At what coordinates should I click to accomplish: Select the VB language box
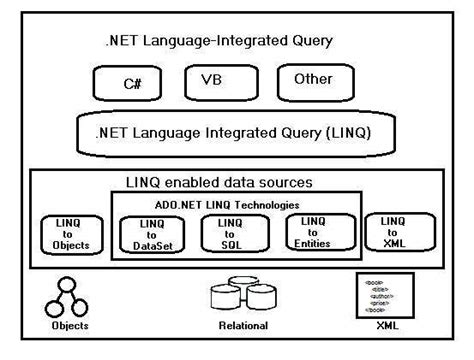coord(212,80)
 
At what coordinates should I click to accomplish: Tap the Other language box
coord(313,80)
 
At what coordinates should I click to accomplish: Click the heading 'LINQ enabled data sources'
coord(234,182)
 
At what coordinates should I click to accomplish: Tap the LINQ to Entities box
coord(313,232)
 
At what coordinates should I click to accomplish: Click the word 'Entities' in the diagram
coord(313,243)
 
